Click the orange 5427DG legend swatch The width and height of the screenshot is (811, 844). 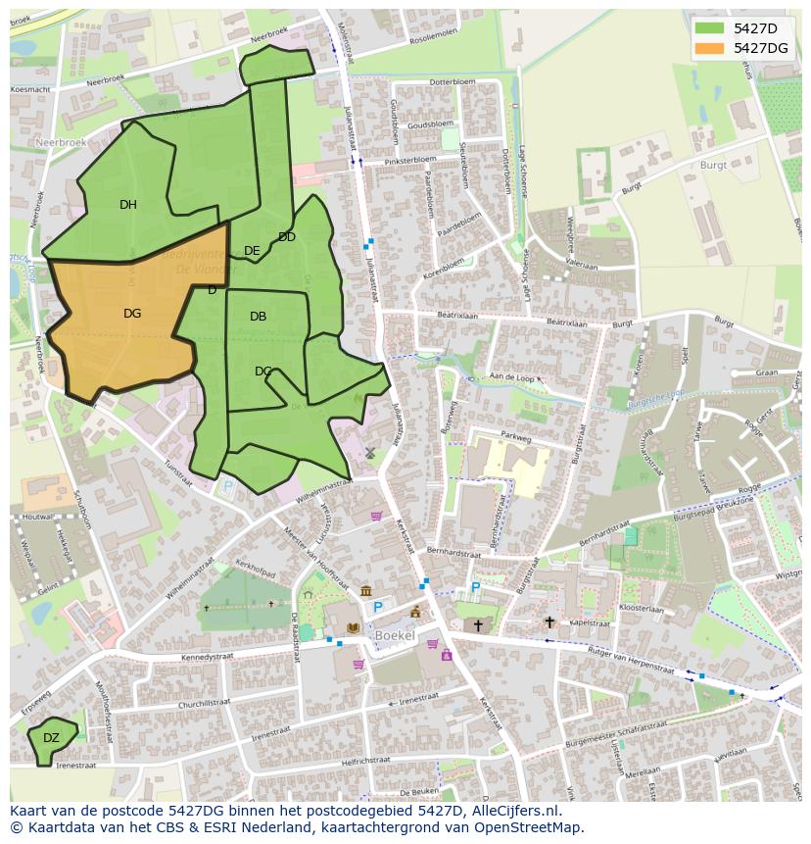[x=711, y=48]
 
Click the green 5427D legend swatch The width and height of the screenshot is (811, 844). [x=711, y=28]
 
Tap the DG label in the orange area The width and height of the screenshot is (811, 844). [x=132, y=314]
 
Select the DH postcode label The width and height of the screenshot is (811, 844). [x=128, y=205]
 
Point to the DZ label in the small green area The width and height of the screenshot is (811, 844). [x=51, y=738]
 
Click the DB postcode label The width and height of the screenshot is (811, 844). [x=258, y=317]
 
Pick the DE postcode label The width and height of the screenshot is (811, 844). [x=252, y=251]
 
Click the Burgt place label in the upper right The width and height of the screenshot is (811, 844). [x=713, y=166]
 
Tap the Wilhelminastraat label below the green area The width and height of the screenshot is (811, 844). [x=322, y=487]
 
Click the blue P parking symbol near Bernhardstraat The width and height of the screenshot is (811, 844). [x=476, y=587]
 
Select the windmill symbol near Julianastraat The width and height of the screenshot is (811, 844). [x=370, y=452]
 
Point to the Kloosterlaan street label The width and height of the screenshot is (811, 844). [x=642, y=609]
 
